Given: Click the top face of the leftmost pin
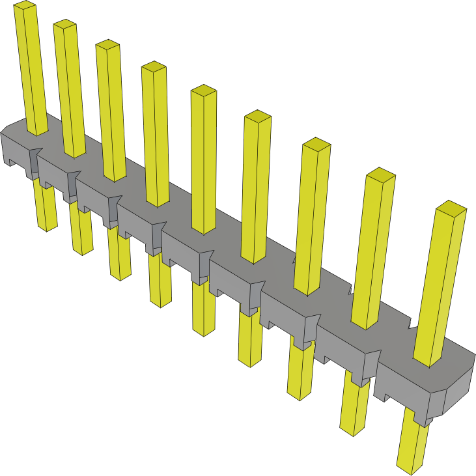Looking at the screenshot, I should [25, 7].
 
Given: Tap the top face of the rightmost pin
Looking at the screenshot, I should [451, 208].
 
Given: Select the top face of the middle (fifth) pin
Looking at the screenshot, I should [203, 91].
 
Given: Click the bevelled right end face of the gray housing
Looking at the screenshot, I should [457, 391].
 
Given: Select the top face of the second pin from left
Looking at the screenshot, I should [66, 25].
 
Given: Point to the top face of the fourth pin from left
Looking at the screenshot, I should [154, 68].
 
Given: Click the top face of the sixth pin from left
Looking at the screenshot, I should [257, 117].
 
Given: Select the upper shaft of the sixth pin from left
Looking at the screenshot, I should [255, 189].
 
